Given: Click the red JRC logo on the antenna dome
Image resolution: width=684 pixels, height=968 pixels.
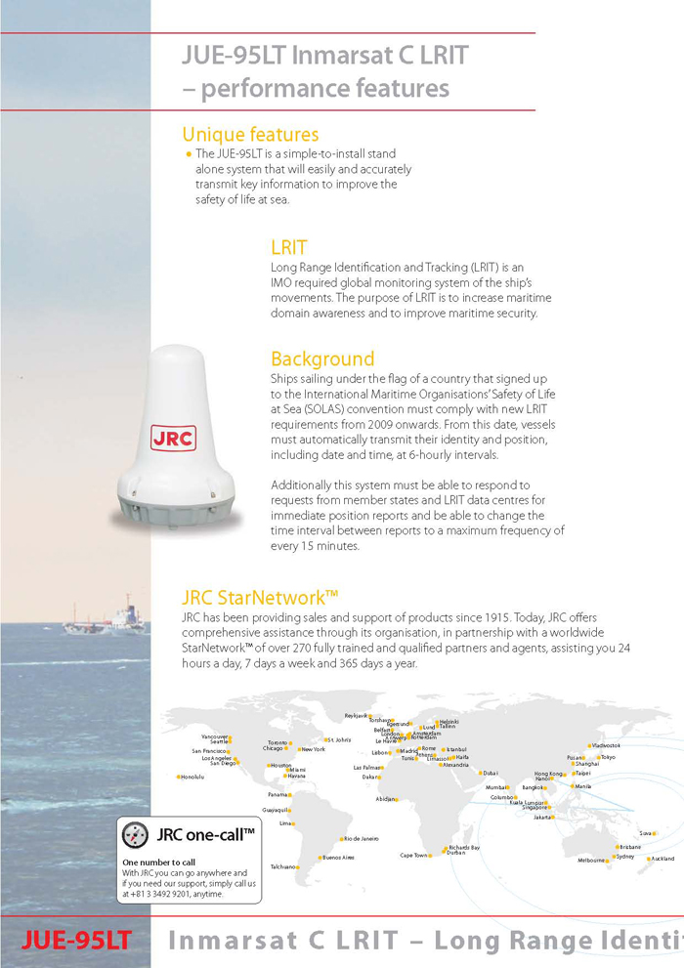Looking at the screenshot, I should (x=174, y=437).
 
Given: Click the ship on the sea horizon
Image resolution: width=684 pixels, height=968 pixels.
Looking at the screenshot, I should (x=107, y=619).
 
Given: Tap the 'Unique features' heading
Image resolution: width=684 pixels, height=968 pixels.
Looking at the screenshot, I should (x=250, y=135).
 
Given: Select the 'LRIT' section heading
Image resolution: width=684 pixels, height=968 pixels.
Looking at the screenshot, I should (x=288, y=247).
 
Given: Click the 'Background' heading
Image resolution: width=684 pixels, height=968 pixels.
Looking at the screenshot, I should (x=322, y=358).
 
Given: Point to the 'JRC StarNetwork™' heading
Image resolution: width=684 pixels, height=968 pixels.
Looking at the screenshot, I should (x=260, y=598).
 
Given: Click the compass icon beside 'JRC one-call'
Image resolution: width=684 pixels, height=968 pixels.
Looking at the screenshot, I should (x=135, y=835).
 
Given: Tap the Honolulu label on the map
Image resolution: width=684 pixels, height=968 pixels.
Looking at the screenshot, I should (x=192, y=778).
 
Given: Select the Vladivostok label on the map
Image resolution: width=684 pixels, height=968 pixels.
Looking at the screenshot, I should (x=607, y=746).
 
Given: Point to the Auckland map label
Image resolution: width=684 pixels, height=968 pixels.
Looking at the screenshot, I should (x=662, y=859).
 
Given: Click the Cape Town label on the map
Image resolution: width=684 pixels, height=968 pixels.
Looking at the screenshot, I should (x=413, y=856).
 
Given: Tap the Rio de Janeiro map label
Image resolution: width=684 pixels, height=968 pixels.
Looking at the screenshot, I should (x=360, y=839).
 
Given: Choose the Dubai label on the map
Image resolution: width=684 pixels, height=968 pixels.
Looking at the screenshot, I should (x=491, y=774).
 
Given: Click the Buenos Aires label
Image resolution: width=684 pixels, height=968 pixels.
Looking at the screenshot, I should (x=337, y=858).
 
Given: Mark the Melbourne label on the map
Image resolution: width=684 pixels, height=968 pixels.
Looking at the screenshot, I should (x=591, y=861).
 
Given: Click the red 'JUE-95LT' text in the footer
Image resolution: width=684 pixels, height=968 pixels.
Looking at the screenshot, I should (x=76, y=941).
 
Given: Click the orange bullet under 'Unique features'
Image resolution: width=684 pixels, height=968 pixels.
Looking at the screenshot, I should (x=188, y=155).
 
